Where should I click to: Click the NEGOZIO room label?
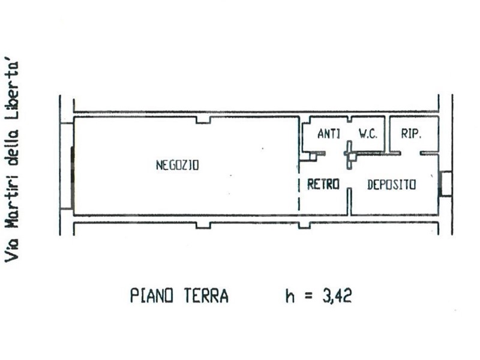[x=178, y=166]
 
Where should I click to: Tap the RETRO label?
[x=323, y=184]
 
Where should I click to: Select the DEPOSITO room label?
[x=392, y=185]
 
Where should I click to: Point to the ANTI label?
[x=329, y=134]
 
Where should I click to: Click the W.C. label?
[x=368, y=134]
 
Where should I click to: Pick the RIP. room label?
[x=412, y=133]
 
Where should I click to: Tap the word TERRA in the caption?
[x=206, y=296]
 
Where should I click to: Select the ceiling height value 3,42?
[x=337, y=296]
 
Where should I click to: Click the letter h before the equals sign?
[x=290, y=296]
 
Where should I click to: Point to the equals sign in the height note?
[x=308, y=296]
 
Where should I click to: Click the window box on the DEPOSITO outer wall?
[x=445, y=184]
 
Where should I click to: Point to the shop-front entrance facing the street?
[x=72, y=178]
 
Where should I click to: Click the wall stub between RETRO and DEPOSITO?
[x=349, y=202]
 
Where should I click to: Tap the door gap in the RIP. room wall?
[x=410, y=153]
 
